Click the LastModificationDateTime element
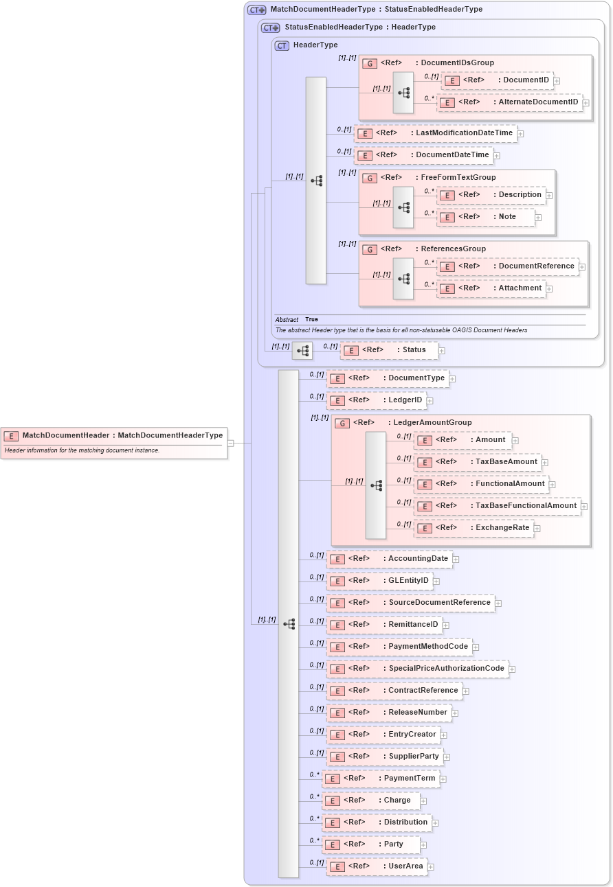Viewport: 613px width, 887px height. click(x=436, y=133)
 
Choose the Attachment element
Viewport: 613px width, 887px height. click(x=491, y=288)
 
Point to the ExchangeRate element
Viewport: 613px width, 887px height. click(x=473, y=528)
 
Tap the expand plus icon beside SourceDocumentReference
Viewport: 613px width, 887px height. click(x=498, y=603)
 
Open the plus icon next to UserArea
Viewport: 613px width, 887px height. click(x=431, y=867)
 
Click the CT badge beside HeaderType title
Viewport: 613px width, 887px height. click(x=282, y=45)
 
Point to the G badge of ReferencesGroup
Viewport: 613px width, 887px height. click(x=369, y=249)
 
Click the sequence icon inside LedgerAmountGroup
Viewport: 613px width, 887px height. click(x=376, y=485)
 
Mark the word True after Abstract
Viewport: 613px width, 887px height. click(x=311, y=320)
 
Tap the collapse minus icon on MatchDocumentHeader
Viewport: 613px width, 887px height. click(x=231, y=443)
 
